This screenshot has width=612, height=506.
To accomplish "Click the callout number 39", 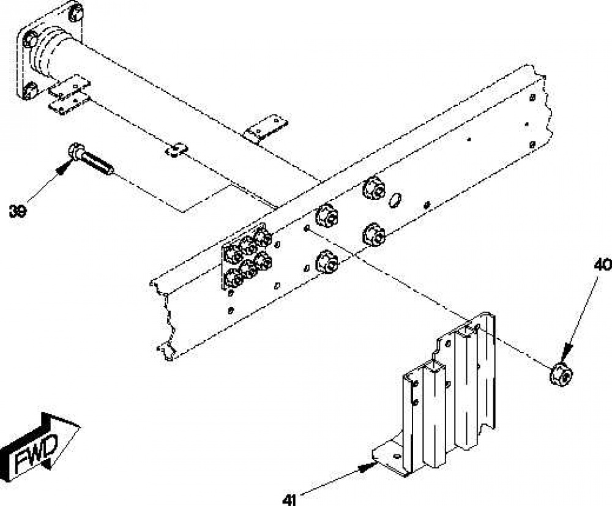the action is [18, 211].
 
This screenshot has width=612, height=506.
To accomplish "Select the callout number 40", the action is [602, 265].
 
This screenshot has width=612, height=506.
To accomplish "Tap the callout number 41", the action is [289, 500].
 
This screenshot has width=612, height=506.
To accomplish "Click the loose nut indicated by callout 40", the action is [561, 373].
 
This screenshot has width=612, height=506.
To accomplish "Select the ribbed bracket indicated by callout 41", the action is [434, 394].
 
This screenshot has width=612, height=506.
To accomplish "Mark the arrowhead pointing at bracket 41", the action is [367, 467].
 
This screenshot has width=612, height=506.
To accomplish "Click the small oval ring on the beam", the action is [395, 200].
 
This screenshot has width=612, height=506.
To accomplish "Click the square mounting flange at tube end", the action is [50, 50].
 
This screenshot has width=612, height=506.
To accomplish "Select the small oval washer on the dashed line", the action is [176, 149].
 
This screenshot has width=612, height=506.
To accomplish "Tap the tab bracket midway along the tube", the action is [266, 128].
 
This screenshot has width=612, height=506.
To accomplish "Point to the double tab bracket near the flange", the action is [70, 95].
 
